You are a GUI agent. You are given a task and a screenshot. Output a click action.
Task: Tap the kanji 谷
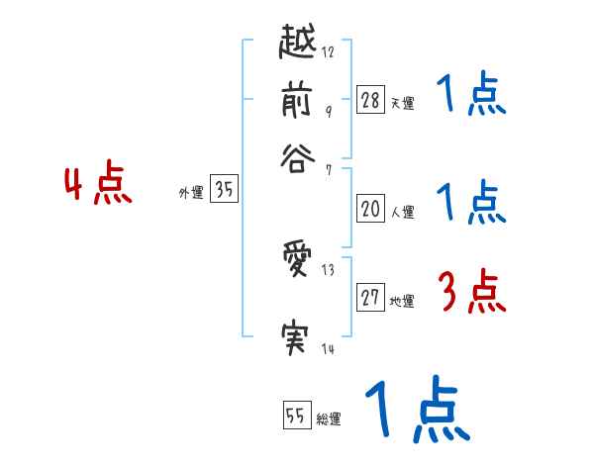tap(300, 156)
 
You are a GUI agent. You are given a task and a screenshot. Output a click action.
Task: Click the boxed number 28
tap(371, 100)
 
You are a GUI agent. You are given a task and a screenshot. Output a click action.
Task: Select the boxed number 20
tap(371, 209)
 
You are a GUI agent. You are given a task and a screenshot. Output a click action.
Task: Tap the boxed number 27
tap(371, 299)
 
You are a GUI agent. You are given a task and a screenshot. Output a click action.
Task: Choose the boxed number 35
tap(225, 191)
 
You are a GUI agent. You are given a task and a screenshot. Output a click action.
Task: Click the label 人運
tap(402, 212)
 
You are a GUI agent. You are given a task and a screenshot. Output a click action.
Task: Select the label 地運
tap(402, 302)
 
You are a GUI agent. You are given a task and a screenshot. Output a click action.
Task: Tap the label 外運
tap(191, 194)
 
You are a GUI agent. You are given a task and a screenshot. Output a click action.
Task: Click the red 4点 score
tap(98, 186)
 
